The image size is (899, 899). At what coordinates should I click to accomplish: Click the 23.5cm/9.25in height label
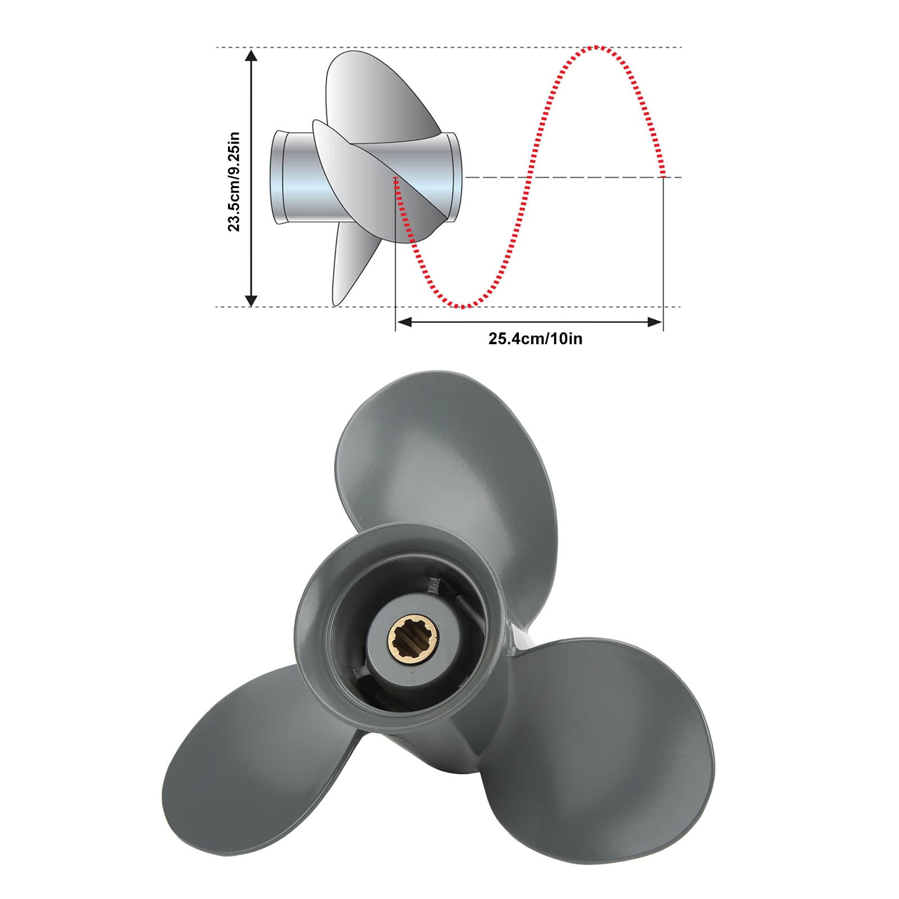coord(234,181)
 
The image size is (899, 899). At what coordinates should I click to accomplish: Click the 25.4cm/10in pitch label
coord(535,339)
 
